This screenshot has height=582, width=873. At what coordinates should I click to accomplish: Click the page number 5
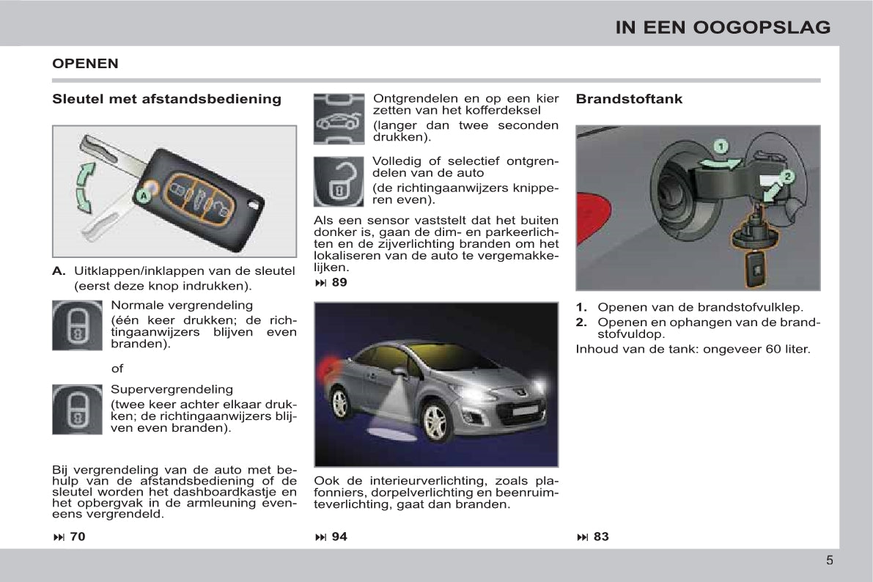(x=829, y=561)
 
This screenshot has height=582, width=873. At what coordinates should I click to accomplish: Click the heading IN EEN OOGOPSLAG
(x=723, y=28)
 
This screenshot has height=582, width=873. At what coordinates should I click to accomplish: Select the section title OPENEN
(x=85, y=64)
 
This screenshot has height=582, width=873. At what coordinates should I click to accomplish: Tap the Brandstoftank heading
(x=629, y=99)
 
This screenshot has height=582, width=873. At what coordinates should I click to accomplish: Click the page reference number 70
(x=77, y=537)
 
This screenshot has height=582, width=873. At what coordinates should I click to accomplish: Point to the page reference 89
(x=339, y=282)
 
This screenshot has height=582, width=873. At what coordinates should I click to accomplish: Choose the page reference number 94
(x=339, y=537)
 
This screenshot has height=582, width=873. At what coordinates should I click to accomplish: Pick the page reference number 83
(x=600, y=537)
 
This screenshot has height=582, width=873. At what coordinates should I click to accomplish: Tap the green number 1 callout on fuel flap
(x=721, y=147)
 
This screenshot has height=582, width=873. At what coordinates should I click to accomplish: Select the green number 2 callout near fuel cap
(x=787, y=177)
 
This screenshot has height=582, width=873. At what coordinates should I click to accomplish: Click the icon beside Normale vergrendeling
(x=77, y=325)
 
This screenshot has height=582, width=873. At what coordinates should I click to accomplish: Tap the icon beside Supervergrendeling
(x=77, y=409)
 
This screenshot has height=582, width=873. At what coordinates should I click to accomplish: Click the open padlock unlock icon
(x=339, y=181)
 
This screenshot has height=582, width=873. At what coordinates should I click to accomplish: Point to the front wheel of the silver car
(x=435, y=421)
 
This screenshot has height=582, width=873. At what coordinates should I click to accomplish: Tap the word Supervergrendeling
(x=172, y=389)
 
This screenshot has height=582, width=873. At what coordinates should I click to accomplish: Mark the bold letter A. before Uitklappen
(x=59, y=271)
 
